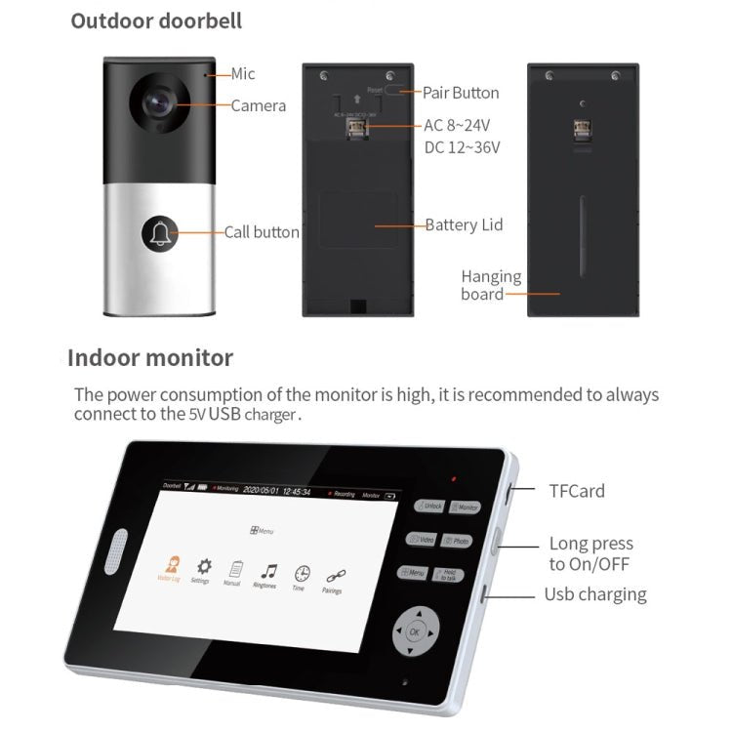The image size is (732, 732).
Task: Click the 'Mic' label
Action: (243, 73)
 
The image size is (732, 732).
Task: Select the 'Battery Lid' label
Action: (464, 224)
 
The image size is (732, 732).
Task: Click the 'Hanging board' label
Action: (491, 285)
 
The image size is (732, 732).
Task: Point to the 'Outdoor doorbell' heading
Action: (156, 20)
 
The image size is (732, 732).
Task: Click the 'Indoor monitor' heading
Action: (150, 357)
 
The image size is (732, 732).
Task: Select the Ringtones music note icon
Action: (267, 571)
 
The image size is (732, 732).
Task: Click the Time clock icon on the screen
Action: (303, 574)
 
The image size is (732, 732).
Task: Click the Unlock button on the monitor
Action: (430, 507)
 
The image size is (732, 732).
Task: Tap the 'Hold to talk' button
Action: (448, 575)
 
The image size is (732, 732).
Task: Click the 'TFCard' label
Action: (576, 491)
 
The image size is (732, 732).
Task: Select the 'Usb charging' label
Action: (594, 593)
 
